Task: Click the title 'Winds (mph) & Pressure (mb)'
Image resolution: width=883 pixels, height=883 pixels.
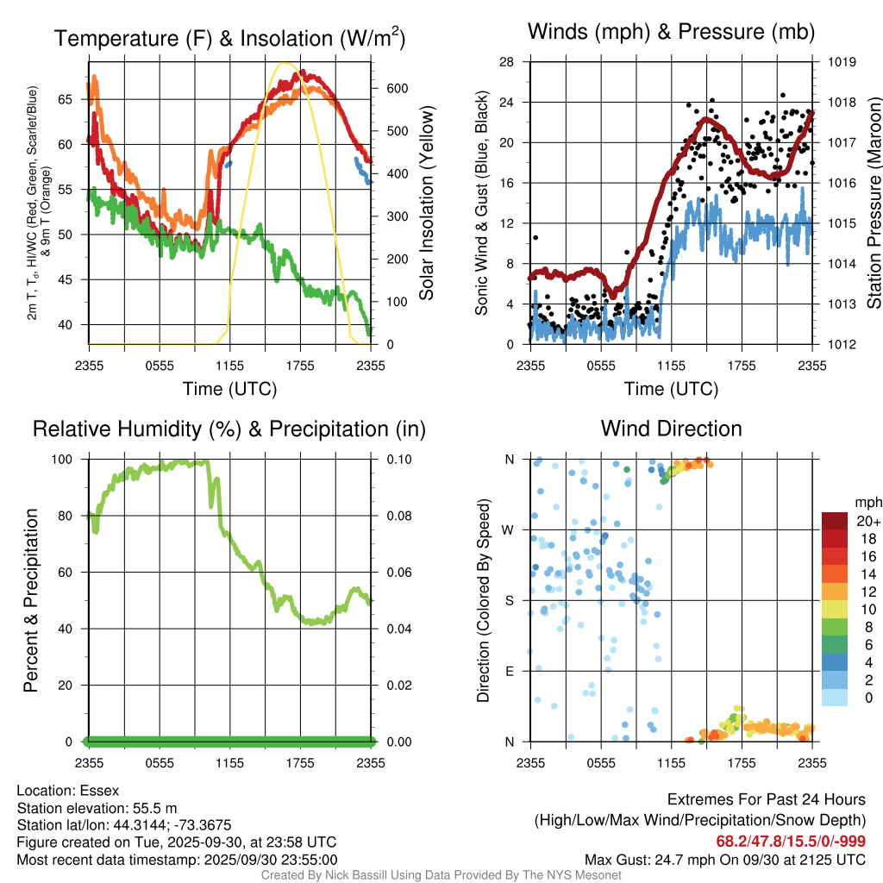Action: [x=671, y=33]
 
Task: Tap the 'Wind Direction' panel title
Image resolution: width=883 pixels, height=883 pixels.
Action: [x=671, y=429]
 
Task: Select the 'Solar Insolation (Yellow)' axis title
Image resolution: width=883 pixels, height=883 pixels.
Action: [x=427, y=204]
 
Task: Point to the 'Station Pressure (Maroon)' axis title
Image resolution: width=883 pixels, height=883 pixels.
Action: [x=873, y=204]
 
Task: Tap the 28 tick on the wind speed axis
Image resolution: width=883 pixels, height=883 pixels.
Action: [x=506, y=62]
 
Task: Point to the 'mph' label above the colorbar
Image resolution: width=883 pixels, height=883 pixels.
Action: [x=867, y=503]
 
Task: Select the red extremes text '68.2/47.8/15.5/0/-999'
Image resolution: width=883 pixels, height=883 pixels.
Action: [x=791, y=842]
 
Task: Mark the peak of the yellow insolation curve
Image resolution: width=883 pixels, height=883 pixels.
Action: [x=285, y=63]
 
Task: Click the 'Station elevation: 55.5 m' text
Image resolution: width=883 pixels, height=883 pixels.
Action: [x=97, y=808]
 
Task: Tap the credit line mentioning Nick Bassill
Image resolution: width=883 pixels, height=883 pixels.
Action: [x=441, y=875]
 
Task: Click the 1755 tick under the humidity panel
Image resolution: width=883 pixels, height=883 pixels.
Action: [x=301, y=762]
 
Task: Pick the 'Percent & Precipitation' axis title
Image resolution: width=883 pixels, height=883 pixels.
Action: [x=30, y=600]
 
